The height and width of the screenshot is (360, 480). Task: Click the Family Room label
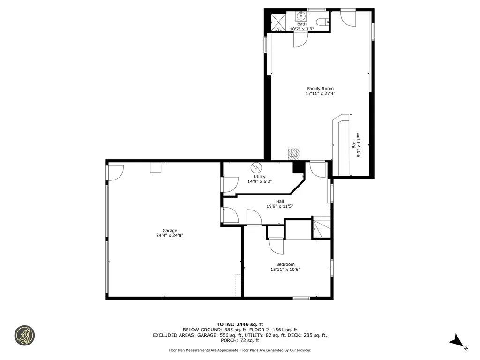(320, 89)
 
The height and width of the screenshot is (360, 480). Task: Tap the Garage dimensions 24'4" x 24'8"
(170, 236)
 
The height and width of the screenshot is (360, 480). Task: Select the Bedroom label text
(285, 264)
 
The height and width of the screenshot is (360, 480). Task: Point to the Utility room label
(259, 177)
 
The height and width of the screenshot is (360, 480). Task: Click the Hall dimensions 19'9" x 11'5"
(279, 206)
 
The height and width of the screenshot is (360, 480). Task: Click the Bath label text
(301, 24)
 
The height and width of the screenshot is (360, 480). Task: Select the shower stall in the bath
(278, 22)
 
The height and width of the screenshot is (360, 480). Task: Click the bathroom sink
(300, 16)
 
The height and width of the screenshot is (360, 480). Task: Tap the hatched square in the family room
(293, 154)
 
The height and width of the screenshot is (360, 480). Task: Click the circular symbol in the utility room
(256, 167)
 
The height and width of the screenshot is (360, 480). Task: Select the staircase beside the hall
(322, 228)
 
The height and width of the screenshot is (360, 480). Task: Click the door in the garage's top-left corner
(115, 172)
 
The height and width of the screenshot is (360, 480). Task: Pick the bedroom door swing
(276, 246)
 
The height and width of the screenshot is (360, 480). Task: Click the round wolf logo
(24, 335)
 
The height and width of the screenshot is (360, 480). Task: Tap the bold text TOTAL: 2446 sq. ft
(240, 324)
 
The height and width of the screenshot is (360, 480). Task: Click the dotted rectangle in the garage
(238, 285)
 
